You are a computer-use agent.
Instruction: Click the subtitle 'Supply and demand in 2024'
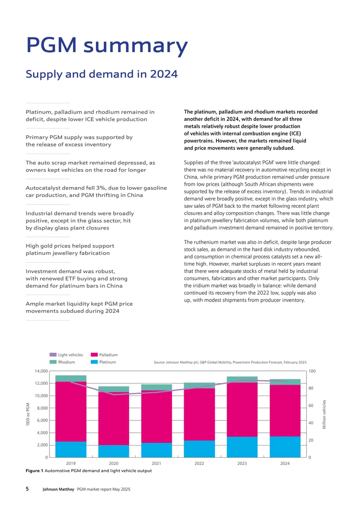tap(102, 74)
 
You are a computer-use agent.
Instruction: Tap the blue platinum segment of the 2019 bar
tap(71, 450)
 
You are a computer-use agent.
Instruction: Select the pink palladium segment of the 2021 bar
tap(156, 417)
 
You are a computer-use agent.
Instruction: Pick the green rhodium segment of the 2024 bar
tap(285, 382)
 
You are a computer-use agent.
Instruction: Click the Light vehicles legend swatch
tap(53, 355)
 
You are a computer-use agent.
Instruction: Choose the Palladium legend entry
tap(104, 355)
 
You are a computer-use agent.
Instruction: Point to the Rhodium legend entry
tap(62, 362)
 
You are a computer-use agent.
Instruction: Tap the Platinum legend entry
tap(103, 362)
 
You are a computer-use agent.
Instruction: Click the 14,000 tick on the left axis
tap(41, 371)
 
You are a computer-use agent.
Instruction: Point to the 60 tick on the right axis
tap(310, 406)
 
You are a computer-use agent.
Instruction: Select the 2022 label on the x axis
tap(199, 463)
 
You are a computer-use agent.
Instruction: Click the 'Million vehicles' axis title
tap(324, 414)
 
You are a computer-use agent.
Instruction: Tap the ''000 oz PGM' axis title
tap(28, 414)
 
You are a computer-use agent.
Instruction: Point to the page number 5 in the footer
tap(27, 489)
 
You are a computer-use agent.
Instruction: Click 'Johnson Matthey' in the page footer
tap(58, 489)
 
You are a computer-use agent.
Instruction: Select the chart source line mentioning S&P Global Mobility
tap(230, 362)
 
